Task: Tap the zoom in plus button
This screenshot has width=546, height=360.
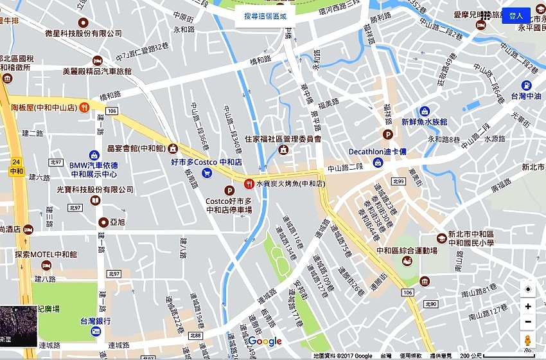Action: (528, 307)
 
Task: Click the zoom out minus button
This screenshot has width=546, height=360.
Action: (528, 322)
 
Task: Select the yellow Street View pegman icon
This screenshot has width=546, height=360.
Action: (528, 341)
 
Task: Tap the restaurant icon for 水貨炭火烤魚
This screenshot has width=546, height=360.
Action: (249, 184)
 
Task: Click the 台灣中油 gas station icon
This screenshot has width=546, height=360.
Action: (526, 85)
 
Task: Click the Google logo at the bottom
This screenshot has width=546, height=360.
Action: (265, 341)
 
